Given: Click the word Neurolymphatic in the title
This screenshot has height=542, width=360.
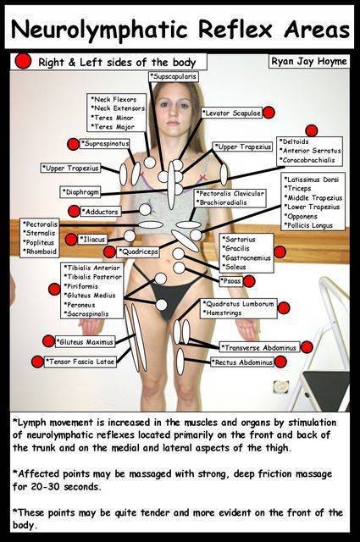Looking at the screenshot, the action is [x=99, y=30].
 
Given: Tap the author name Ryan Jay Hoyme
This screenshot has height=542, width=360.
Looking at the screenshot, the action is [x=309, y=62].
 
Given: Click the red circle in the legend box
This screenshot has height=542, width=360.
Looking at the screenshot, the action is [x=23, y=61].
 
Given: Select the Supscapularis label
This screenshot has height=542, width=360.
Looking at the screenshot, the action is [x=174, y=76].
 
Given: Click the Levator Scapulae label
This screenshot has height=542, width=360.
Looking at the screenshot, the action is [x=232, y=113].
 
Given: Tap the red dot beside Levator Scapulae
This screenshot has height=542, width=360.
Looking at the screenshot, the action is [x=269, y=113].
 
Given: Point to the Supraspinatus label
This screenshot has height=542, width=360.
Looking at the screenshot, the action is [x=105, y=143].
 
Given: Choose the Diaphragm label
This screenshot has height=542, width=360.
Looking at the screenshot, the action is [x=80, y=192].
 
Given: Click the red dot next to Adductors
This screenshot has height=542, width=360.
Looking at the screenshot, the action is [x=74, y=211].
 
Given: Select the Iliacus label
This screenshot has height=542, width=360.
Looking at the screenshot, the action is [x=92, y=239].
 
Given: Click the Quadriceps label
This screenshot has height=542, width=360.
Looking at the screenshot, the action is [x=138, y=252].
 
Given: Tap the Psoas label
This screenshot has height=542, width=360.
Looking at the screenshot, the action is [x=231, y=281].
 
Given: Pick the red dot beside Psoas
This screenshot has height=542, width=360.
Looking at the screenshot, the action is [x=249, y=281].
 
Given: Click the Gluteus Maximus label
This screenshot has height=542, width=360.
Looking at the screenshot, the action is [x=85, y=342].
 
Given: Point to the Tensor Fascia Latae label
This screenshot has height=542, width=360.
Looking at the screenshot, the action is [x=80, y=362].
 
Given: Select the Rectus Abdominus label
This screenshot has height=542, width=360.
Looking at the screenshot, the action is [x=243, y=362].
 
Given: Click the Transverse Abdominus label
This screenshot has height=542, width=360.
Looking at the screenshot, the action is [x=259, y=347].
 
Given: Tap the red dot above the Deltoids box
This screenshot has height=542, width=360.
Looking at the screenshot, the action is [x=312, y=130].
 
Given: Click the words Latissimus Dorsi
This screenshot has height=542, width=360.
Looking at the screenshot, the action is [x=312, y=180].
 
